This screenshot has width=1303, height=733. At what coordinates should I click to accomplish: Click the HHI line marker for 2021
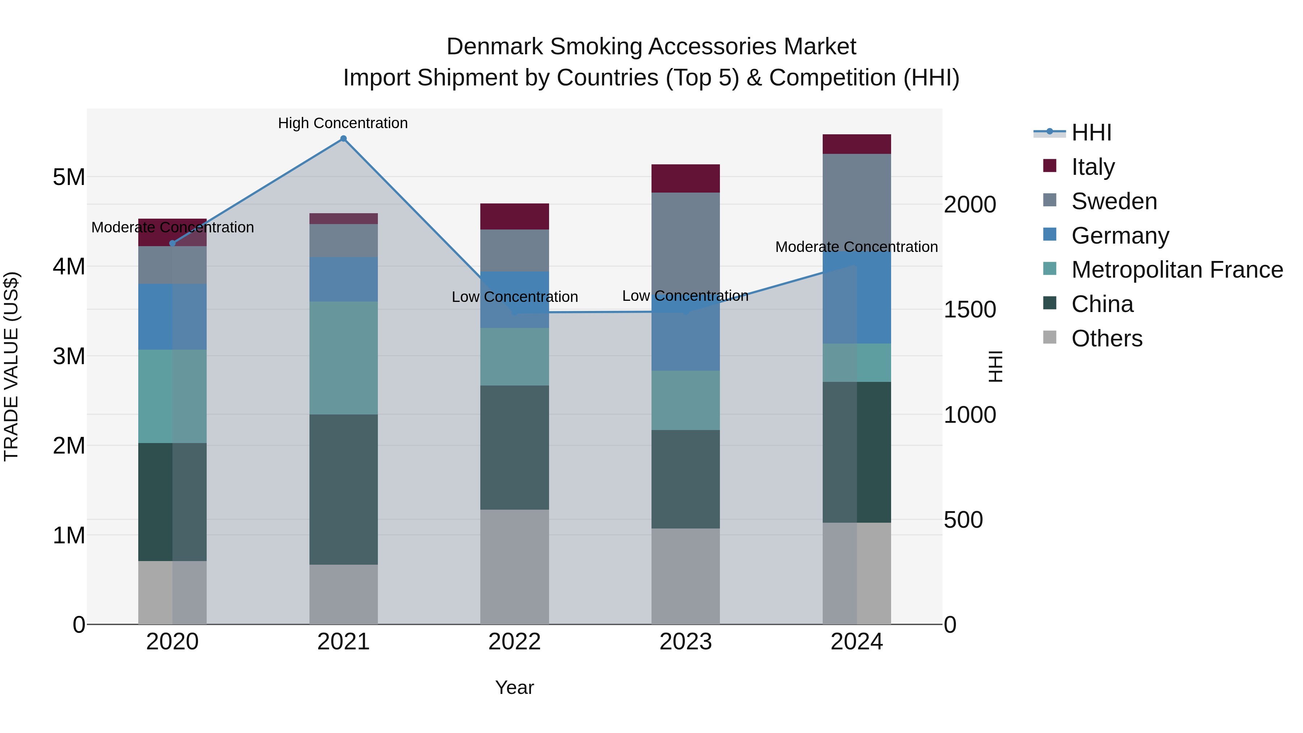[x=343, y=139]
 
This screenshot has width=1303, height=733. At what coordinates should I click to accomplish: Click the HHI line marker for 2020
[x=173, y=243]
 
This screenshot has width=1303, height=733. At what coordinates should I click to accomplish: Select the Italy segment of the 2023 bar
[x=686, y=178]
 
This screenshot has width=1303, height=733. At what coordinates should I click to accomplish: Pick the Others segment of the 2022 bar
[x=514, y=566]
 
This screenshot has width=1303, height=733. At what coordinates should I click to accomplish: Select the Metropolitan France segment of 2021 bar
[x=343, y=358]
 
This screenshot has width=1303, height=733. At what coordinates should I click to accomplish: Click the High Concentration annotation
[x=343, y=123]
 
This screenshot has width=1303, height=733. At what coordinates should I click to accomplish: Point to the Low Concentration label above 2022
[x=514, y=297]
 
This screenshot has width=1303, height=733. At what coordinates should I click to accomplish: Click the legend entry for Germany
[x=1120, y=236]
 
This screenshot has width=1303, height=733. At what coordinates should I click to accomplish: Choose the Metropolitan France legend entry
[x=1177, y=270]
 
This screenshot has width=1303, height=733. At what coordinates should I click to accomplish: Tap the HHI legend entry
[x=1091, y=132]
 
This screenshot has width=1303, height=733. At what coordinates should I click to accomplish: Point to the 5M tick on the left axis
[x=69, y=177]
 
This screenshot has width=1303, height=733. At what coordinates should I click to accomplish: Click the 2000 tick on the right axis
[x=970, y=205]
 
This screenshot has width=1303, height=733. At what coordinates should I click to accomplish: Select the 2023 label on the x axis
[x=686, y=641]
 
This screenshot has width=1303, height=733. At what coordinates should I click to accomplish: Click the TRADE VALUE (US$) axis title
[x=11, y=366]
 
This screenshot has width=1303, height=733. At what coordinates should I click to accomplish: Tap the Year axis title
[x=514, y=687]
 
